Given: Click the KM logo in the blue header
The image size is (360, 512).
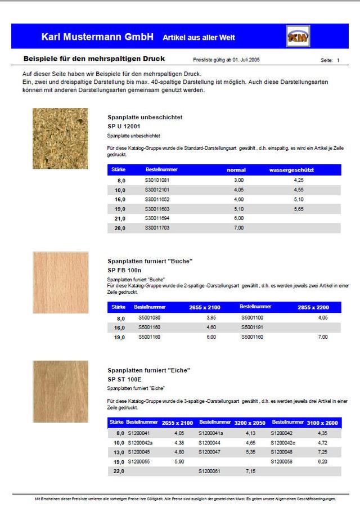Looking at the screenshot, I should [298, 37].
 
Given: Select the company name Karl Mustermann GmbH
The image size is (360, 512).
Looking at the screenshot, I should [97, 37].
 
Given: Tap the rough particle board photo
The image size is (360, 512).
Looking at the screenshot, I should [60, 138].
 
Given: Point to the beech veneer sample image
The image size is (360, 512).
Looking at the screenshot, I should [60, 282].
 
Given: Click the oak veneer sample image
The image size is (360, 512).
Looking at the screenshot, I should [60, 392].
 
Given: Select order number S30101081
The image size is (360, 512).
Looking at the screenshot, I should [157, 180].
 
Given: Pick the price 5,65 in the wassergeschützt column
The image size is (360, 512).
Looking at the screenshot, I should [299, 209].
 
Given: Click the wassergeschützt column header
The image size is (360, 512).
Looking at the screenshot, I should [291, 169].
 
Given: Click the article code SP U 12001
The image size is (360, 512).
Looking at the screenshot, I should [124, 127].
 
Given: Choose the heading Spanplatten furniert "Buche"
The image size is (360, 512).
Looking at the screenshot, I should [150, 261].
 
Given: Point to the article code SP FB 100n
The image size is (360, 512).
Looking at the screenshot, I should [125, 270].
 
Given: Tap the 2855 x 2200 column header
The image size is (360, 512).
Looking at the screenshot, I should [313, 307].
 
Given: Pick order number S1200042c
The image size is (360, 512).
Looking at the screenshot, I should [283, 443].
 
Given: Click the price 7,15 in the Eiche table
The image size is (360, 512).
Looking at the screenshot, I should [251, 471].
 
